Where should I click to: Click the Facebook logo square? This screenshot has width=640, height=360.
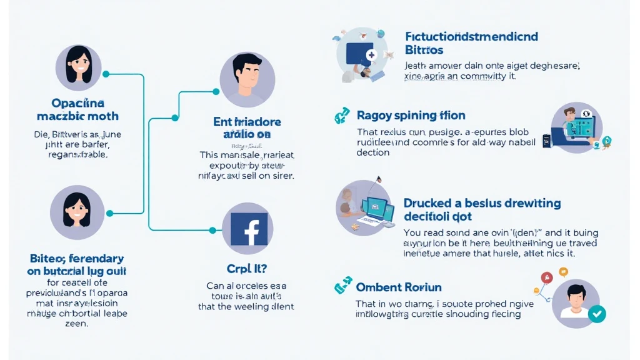(249, 229)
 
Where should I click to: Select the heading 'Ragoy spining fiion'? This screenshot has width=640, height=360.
(411, 116)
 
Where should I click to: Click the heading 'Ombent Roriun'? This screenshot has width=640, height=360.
(398, 287)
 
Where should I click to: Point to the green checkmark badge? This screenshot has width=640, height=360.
(597, 314)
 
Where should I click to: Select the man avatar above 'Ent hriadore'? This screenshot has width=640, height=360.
(247, 80)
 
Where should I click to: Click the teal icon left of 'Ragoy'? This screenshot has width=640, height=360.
(341, 116)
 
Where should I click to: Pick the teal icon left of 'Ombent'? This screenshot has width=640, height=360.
(341, 287)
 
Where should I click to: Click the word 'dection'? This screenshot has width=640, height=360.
(373, 152)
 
